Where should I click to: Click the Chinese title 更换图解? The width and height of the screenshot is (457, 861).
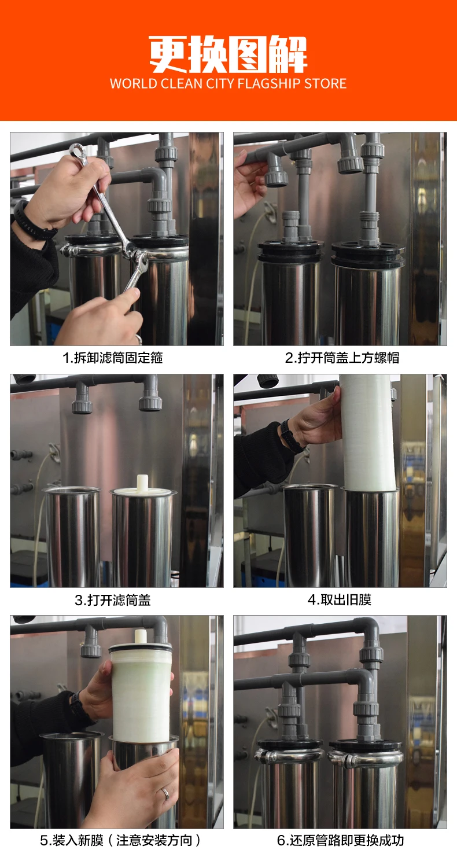click(x=228, y=54)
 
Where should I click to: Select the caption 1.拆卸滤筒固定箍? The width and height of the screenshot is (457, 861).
click(x=113, y=358)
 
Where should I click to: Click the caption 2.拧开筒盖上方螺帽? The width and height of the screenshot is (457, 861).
click(x=342, y=358)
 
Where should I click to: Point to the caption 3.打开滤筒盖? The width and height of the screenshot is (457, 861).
click(x=113, y=600)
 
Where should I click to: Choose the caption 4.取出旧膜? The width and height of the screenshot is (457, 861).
click(x=340, y=599)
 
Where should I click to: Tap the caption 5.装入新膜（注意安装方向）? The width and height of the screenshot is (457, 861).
click(x=120, y=841)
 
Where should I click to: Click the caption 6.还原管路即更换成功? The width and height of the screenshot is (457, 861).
click(x=341, y=841)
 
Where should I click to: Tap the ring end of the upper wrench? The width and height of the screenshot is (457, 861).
click(x=77, y=151)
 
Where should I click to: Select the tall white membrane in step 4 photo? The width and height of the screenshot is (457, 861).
click(x=368, y=432)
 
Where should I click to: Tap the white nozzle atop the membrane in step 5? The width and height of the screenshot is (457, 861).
click(x=141, y=636)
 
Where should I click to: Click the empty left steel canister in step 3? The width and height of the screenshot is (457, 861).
click(x=72, y=536)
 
